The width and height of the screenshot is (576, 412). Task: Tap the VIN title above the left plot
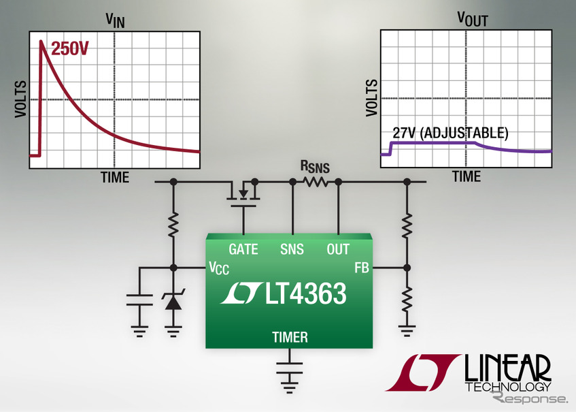coord(114,20)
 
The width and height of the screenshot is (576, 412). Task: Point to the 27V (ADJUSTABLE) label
coord(450,133)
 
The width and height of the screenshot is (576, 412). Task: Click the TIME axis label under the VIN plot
coord(115,177)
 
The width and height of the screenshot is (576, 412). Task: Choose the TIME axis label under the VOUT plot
coord(467,176)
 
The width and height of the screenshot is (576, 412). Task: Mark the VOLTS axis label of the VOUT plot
coord(371,99)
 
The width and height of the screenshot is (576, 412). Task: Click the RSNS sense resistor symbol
coord(316,183)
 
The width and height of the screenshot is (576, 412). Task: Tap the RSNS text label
coord(315,165)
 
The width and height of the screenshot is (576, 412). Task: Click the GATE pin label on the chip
coord(243,250)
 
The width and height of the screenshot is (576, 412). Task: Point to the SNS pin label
coord(292,250)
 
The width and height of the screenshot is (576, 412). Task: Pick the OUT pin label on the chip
coord(338,250)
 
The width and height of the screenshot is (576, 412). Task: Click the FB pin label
coord(361,268)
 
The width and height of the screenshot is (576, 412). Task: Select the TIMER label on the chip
coord(290,337)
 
